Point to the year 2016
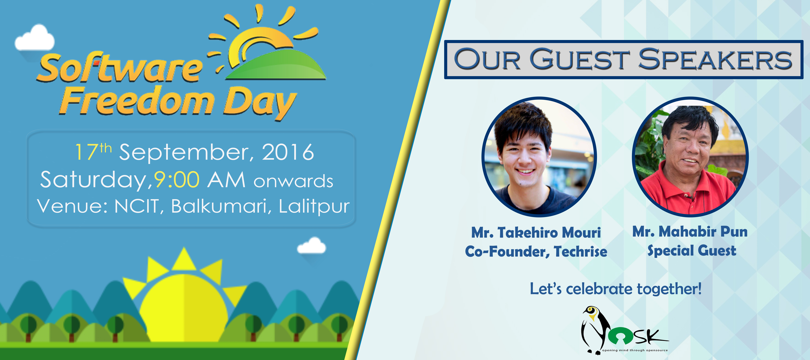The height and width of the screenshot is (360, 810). tap(288, 152)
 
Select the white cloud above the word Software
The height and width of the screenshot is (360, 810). tap(35, 38)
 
